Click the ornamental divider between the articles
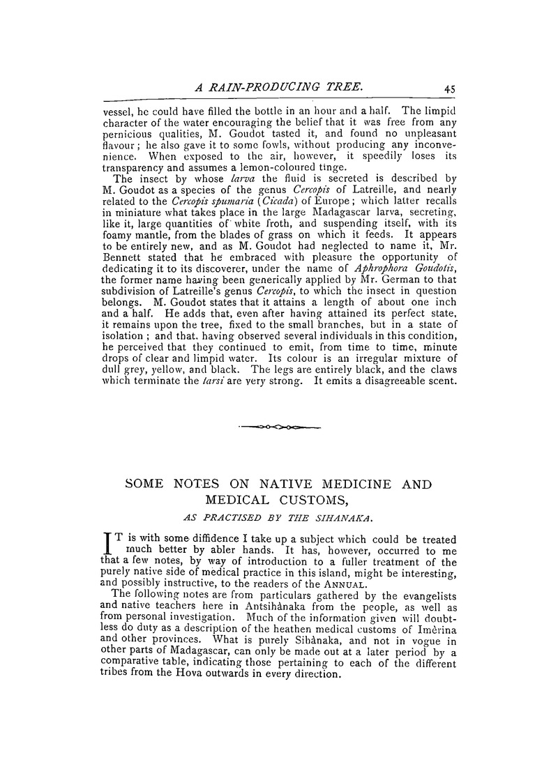[x=279, y=427]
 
